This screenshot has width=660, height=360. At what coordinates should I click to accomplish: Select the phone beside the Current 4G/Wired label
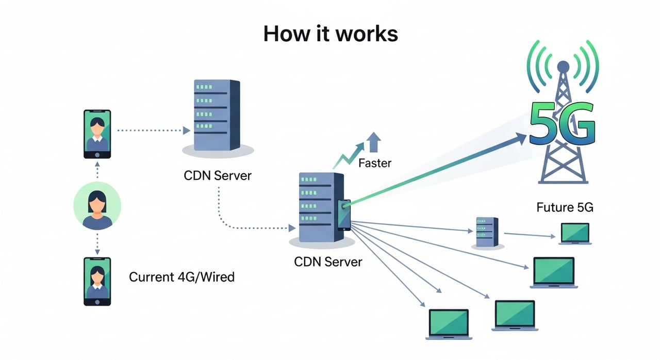pos(97,282)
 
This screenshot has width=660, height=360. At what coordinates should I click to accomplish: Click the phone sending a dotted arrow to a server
pos(97,134)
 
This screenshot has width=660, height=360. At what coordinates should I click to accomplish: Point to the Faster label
pos(375,163)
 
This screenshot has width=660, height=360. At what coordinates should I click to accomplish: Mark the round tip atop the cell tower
pos(563,66)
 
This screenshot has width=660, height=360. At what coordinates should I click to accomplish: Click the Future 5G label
pos(565,208)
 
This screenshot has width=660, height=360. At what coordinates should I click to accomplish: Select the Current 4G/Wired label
pos(181,277)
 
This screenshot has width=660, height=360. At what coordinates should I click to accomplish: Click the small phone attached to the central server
pos(343,215)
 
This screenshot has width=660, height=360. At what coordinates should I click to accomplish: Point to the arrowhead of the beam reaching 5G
pos(521,137)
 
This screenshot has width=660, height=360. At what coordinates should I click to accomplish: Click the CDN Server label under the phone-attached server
pos(328,261)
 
